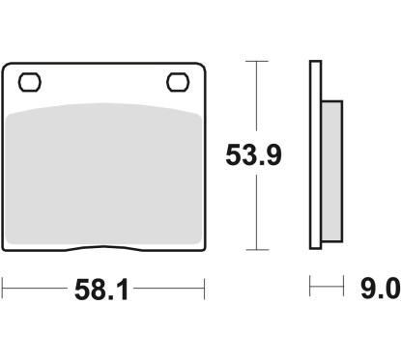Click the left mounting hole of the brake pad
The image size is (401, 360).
(x=30, y=82)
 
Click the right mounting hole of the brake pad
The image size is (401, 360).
(x=178, y=82)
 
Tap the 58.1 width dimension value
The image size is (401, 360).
(x=101, y=290)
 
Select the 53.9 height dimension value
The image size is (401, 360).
(x=253, y=154)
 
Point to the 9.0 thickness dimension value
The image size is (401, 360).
(x=380, y=289)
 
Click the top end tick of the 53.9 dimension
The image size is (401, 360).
(x=257, y=61)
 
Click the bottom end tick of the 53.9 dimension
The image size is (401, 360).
(x=257, y=250)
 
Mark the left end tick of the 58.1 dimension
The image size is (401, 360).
(x=2, y=288)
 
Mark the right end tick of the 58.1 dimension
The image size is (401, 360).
(x=204, y=289)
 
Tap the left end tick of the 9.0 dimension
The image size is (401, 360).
(x=310, y=286)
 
